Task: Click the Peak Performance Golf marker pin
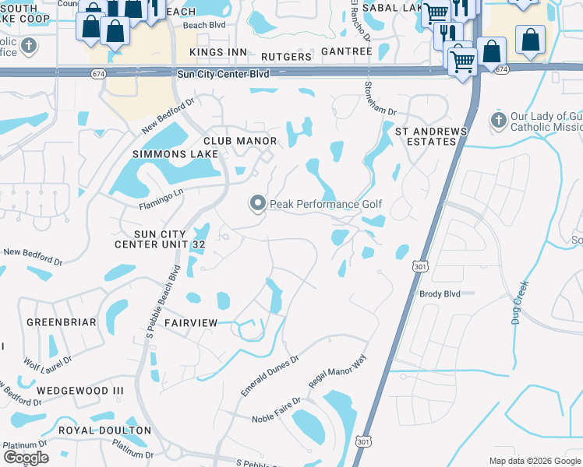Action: [x=258, y=203]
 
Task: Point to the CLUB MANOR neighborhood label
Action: [x=240, y=141]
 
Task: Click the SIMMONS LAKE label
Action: [x=165, y=155]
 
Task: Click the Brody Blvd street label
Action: [x=440, y=293]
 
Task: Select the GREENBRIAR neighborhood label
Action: [x=62, y=322]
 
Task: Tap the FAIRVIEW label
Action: [x=190, y=322]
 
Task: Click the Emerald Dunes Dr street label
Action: [x=270, y=376]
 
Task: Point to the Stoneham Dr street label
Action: [x=371, y=98]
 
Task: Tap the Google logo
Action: [x=25, y=458]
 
